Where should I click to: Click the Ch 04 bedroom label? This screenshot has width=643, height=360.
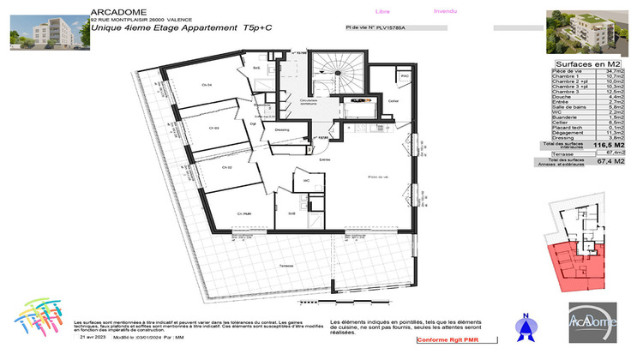coord(207,84)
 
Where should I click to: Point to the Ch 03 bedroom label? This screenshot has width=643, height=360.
coord(215,128)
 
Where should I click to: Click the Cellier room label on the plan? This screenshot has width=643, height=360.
coord(394,101)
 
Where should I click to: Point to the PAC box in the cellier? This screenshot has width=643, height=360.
coord(405,76)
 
